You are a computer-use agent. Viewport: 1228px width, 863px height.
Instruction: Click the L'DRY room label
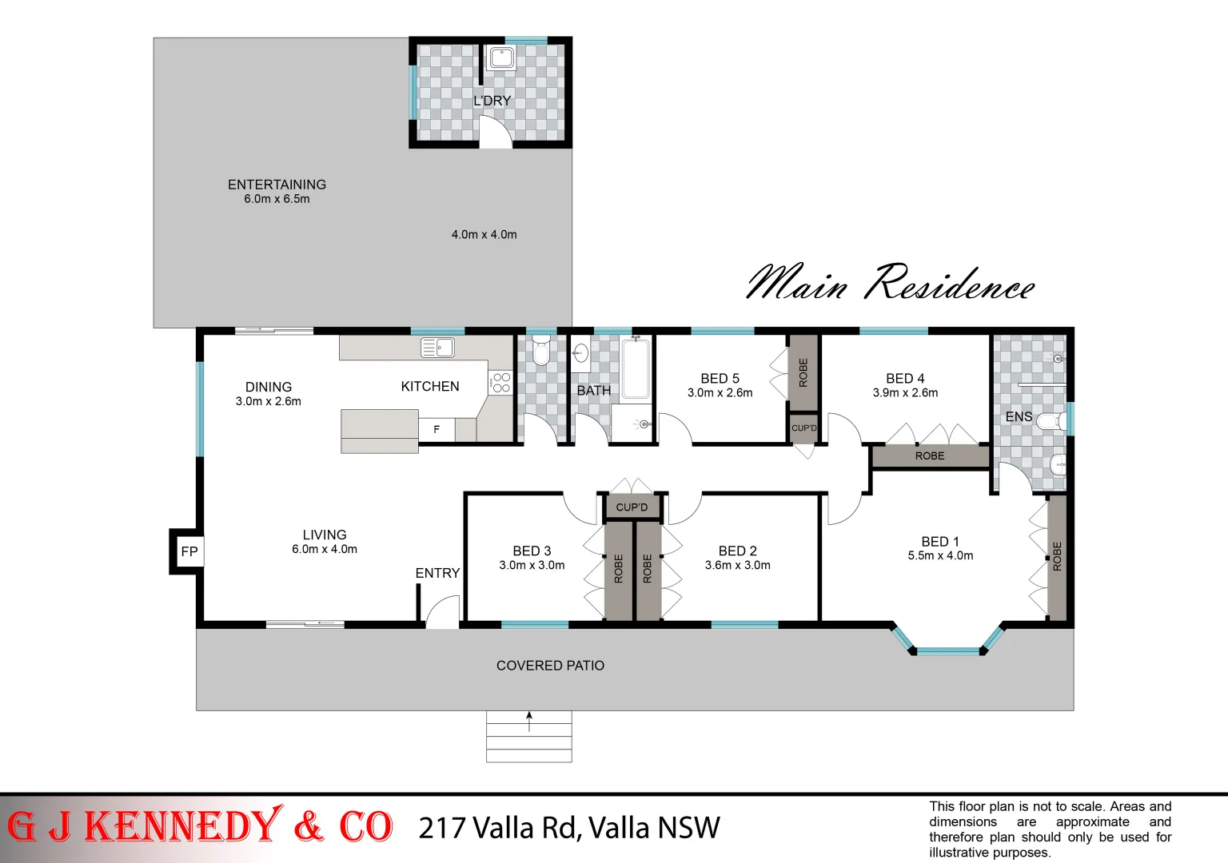[492, 101]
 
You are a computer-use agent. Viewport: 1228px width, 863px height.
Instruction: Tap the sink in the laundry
[501, 58]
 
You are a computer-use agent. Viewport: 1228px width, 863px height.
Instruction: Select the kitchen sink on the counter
[437, 348]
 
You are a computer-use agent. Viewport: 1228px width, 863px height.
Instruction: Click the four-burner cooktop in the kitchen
[501, 382]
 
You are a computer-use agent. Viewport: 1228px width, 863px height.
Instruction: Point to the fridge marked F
[437, 430]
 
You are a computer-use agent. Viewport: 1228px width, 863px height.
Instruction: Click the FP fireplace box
[189, 551]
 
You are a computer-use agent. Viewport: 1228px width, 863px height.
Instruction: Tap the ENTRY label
[437, 573]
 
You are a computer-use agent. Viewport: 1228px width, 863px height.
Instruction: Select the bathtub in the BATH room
[636, 368]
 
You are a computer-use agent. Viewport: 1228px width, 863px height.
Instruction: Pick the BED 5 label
[720, 379]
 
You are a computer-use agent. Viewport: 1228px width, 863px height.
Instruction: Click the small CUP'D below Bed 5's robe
[803, 428]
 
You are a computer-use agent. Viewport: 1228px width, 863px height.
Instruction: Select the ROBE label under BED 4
[930, 456]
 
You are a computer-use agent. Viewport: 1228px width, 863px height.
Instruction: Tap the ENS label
[1019, 417]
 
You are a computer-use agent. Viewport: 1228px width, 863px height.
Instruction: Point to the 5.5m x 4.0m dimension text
[940, 556]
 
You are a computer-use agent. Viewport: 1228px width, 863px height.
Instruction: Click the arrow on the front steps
[528, 721]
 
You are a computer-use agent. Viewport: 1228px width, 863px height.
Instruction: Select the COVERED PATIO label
[550, 666]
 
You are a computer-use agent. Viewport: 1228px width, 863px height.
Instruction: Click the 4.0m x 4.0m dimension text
[484, 235]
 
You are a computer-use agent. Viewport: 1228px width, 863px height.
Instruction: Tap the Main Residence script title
[890, 284]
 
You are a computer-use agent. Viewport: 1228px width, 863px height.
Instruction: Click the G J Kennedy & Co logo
[200, 827]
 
